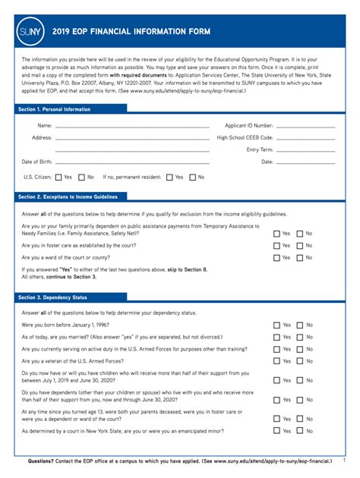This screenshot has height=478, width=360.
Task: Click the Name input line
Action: pyautogui.click(x=132, y=126)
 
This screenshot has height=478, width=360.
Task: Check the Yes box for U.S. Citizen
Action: pyautogui.click(x=58, y=178)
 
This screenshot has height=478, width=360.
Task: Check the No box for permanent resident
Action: pyautogui.click(x=192, y=178)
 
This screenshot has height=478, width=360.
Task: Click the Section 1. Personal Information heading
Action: pyautogui.click(x=54, y=109)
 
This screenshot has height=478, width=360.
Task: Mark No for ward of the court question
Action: pyautogui.click(x=300, y=258)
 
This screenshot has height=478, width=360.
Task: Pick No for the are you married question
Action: pyautogui.click(x=300, y=337)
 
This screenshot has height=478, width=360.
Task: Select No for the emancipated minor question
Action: pyautogui.click(x=300, y=431)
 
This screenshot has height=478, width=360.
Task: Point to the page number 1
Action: pyautogui.click(x=343, y=460)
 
